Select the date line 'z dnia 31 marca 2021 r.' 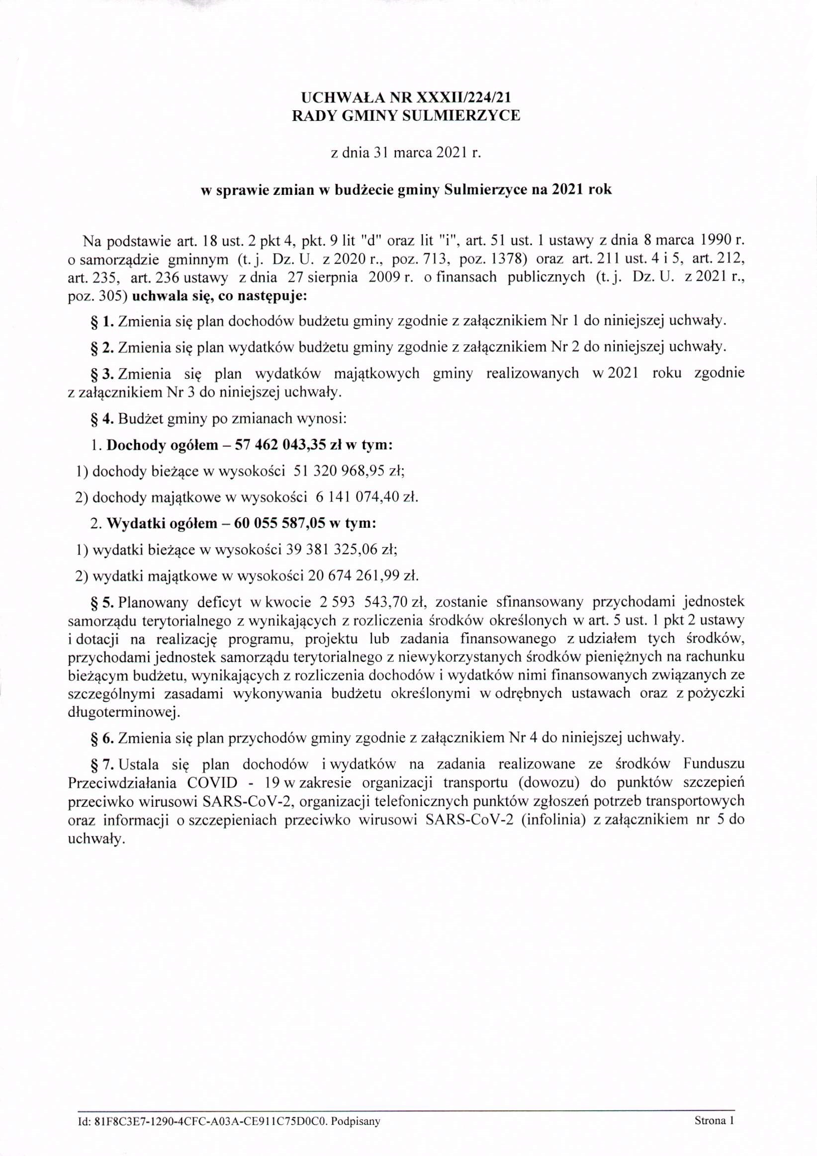coord(405,153)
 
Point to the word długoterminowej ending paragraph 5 coord(123,712)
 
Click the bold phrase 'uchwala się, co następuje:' coord(219,296)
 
